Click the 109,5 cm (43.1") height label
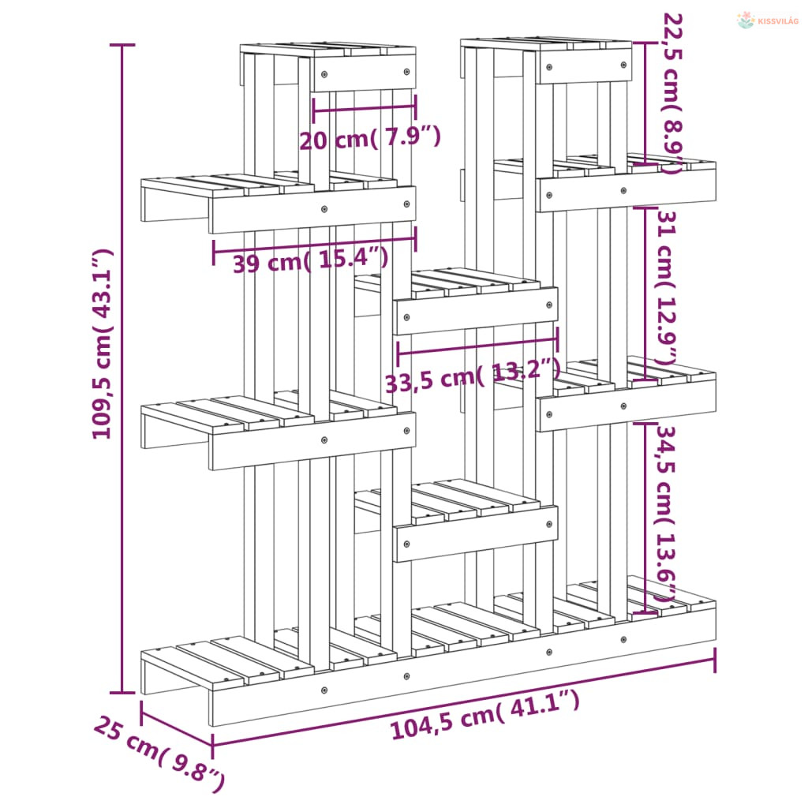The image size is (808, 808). tap(102, 344)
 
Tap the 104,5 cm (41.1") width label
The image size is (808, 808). tap(485, 715)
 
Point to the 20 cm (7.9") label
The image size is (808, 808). tap(370, 138)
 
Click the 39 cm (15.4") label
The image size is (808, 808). tap(311, 260)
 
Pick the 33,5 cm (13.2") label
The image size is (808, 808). tap(473, 376)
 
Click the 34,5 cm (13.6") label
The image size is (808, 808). tap(664, 514)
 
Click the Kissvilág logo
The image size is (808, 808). tap(767, 21)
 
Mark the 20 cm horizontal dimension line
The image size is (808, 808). tap(365, 108)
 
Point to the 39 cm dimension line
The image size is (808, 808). tap(314, 245)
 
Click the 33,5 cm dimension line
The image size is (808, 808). tap(477, 346)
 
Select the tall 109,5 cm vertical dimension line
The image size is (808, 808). tap(122, 369)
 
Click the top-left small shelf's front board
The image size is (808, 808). tap(365, 73)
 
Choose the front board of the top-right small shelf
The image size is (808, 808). tap(585, 66)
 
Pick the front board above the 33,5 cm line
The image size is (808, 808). tap(475, 311)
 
